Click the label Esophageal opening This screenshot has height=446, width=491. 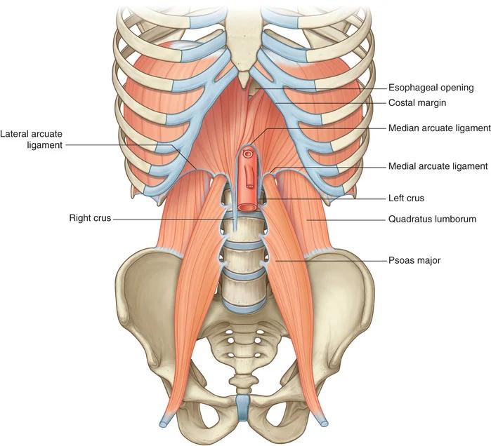tap(431, 88)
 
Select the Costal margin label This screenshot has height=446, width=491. tap(417, 102)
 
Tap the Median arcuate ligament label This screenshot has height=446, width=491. tap(439, 128)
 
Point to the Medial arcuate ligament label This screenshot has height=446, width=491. tap(438, 166)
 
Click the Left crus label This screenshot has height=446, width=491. tap(406, 198)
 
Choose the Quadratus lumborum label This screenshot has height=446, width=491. tap(432, 219)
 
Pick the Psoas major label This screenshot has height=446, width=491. tap(414, 260)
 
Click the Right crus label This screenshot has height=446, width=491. tap(90, 218)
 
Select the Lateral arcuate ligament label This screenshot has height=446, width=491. tap(32, 140)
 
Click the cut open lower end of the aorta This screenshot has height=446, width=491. tap(247, 207)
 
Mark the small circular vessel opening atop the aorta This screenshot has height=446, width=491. tap(248, 154)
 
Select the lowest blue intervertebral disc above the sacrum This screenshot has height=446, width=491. tap(244, 307)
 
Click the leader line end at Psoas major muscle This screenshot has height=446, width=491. tap(275, 260)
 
